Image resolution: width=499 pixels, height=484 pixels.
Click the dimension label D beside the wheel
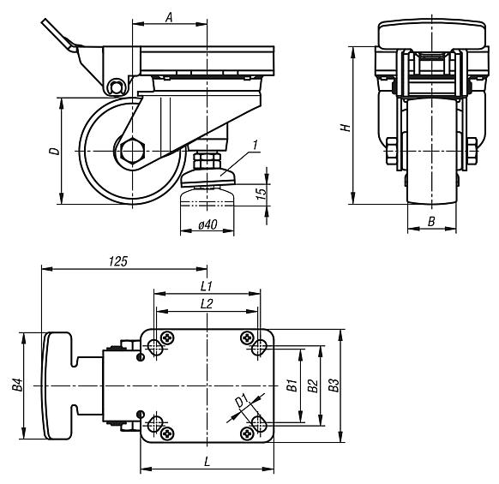53,152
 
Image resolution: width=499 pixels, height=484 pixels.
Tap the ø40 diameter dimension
207,225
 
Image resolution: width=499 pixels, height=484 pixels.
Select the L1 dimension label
206,284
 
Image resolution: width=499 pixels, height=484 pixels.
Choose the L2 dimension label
206,303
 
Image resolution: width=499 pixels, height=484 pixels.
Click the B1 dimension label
292,386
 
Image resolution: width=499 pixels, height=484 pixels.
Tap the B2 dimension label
313,386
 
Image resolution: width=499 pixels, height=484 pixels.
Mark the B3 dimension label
334,386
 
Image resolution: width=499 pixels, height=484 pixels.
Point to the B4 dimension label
17,386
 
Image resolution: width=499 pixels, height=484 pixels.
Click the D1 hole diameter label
242,401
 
